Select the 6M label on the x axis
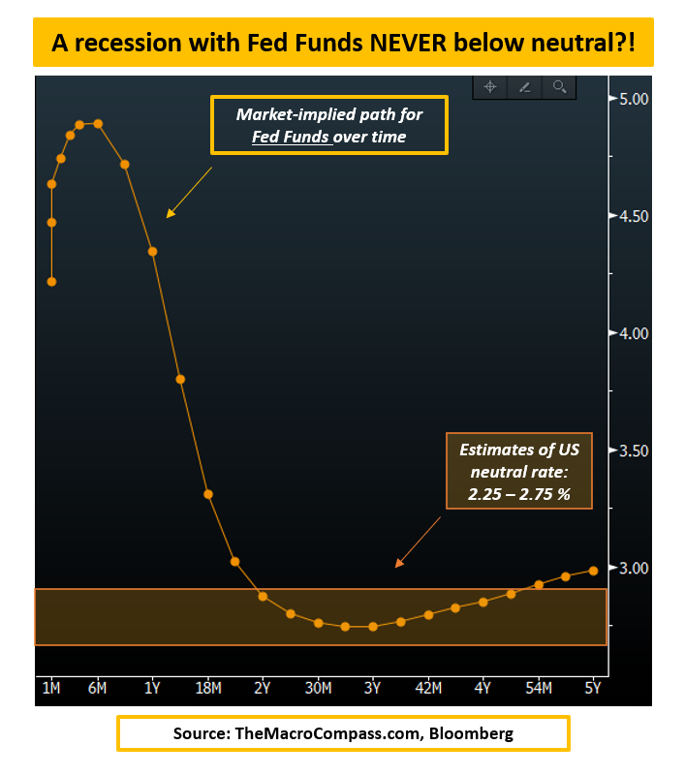(97, 688)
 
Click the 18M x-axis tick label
(208, 688)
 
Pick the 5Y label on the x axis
(593, 688)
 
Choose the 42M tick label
(428, 688)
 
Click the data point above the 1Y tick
(152, 252)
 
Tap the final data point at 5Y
(593, 571)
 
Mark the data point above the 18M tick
(208, 494)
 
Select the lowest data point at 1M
(51, 282)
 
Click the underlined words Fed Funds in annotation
(292, 137)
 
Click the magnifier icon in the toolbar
(559, 87)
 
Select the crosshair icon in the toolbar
(490, 87)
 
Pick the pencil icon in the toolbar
(525, 87)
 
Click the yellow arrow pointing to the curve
(188, 192)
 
